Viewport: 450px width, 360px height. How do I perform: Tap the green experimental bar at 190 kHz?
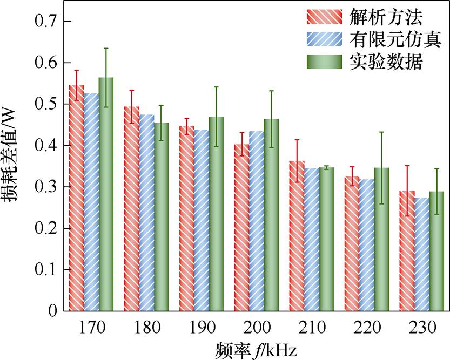217,214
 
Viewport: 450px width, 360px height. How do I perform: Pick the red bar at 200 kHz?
242,227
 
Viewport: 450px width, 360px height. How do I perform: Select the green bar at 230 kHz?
436,251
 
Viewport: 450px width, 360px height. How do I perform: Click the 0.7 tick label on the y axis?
46,22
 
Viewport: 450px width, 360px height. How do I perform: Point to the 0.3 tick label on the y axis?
46,187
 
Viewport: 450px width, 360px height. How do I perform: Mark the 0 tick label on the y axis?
52,311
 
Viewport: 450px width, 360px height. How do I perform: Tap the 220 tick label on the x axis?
367,328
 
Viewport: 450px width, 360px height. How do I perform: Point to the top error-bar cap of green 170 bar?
106,49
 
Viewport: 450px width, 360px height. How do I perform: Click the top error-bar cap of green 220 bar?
381,132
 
